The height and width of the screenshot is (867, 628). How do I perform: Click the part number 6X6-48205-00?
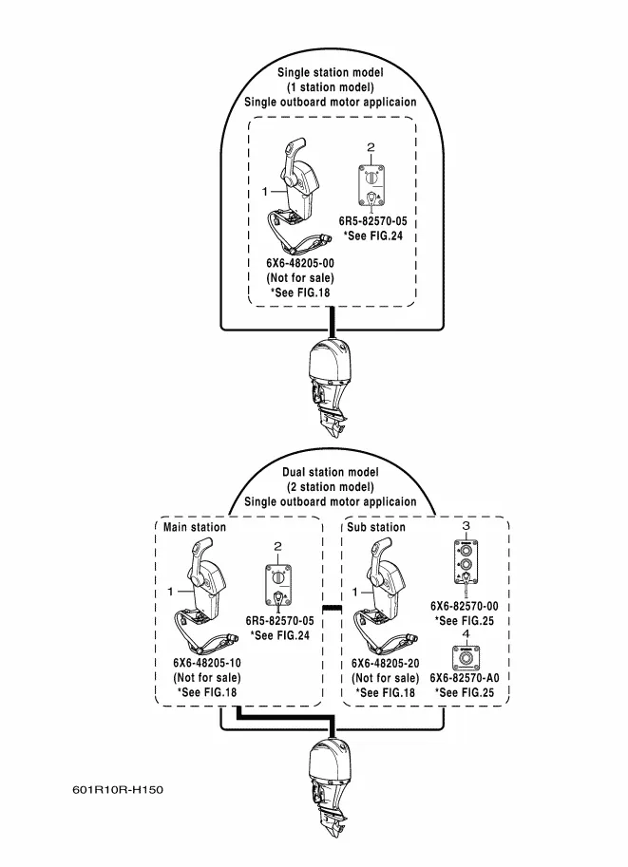click(300, 263)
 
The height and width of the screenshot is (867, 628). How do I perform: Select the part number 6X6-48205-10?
click(206, 663)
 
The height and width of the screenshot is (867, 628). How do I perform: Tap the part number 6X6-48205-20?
click(385, 663)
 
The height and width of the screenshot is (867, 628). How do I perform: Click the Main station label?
click(195, 527)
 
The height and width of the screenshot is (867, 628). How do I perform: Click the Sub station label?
click(376, 527)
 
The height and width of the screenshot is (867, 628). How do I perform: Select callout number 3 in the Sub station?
click(466, 525)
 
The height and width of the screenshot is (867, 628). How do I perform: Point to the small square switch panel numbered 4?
click(466, 656)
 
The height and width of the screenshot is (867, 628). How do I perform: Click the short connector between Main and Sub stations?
click(332, 607)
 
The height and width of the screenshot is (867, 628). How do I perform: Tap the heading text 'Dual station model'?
click(331, 472)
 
